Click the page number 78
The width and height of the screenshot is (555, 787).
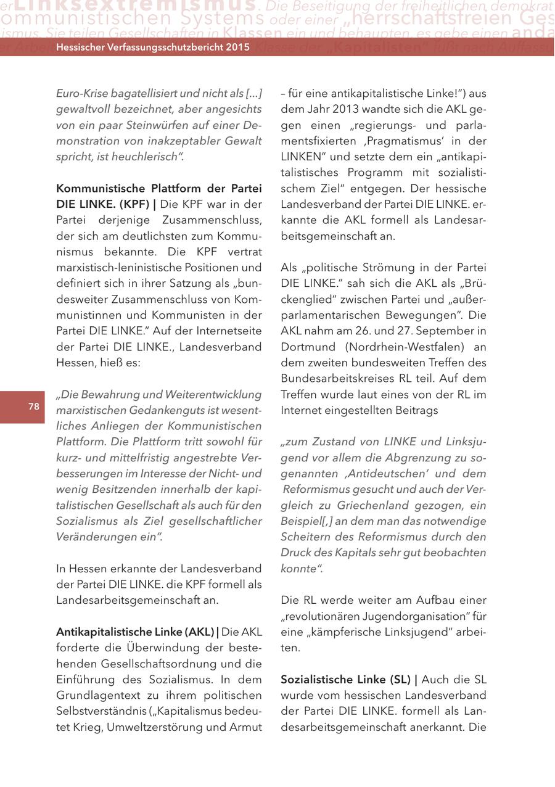click(33, 406)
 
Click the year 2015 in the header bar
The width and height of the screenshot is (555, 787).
click(236, 47)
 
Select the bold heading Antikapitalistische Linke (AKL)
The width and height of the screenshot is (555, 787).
click(135, 632)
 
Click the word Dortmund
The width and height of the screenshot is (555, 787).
click(309, 347)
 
